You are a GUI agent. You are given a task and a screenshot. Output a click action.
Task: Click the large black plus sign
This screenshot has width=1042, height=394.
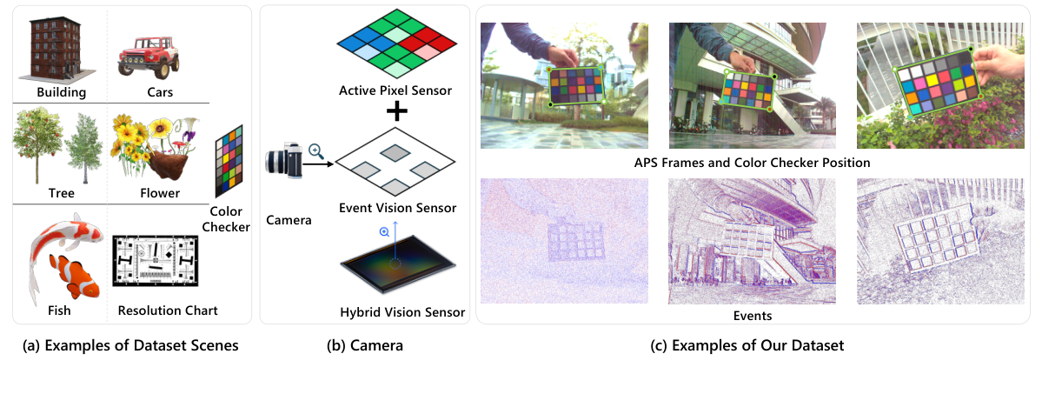pyautogui.click(x=396, y=110)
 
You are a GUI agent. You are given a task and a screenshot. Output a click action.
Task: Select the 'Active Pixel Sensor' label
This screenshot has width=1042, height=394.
pyautogui.click(x=396, y=90)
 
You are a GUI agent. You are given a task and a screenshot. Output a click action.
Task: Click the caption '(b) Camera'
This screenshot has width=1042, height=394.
pyautogui.click(x=364, y=346)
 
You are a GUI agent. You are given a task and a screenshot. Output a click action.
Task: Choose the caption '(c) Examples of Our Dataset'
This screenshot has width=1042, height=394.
pyautogui.click(x=747, y=346)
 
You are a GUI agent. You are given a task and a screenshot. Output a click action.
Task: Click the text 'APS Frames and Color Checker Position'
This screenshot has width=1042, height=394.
pyautogui.click(x=753, y=163)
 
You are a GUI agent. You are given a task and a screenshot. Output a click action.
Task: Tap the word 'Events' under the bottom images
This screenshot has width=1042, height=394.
pyautogui.click(x=753, y=315)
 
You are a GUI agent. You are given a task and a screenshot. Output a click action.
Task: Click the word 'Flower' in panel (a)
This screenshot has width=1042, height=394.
pyautogui.click(x=161, y=193)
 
